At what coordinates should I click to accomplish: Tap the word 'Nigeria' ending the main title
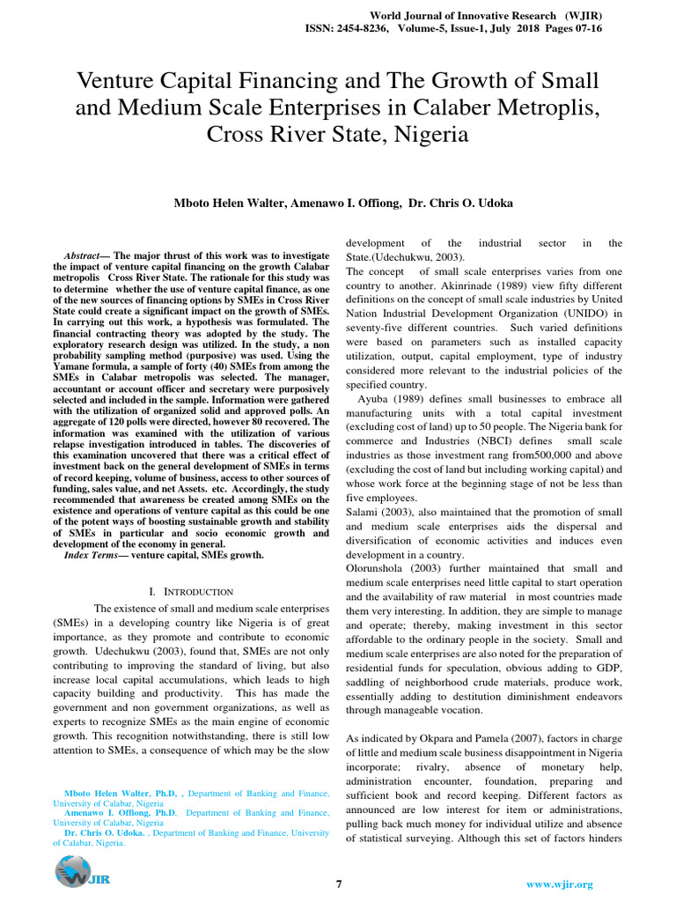coord(427,136)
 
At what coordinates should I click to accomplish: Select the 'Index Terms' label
coord(91,555)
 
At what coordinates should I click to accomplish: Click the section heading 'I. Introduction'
coord(191,592)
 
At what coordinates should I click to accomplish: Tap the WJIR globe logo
coord(73,872)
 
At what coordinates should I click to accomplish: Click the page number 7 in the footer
coord(339,884)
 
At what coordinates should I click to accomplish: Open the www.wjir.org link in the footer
coord(559,884)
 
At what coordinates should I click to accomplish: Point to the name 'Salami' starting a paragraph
coord(362,512)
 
